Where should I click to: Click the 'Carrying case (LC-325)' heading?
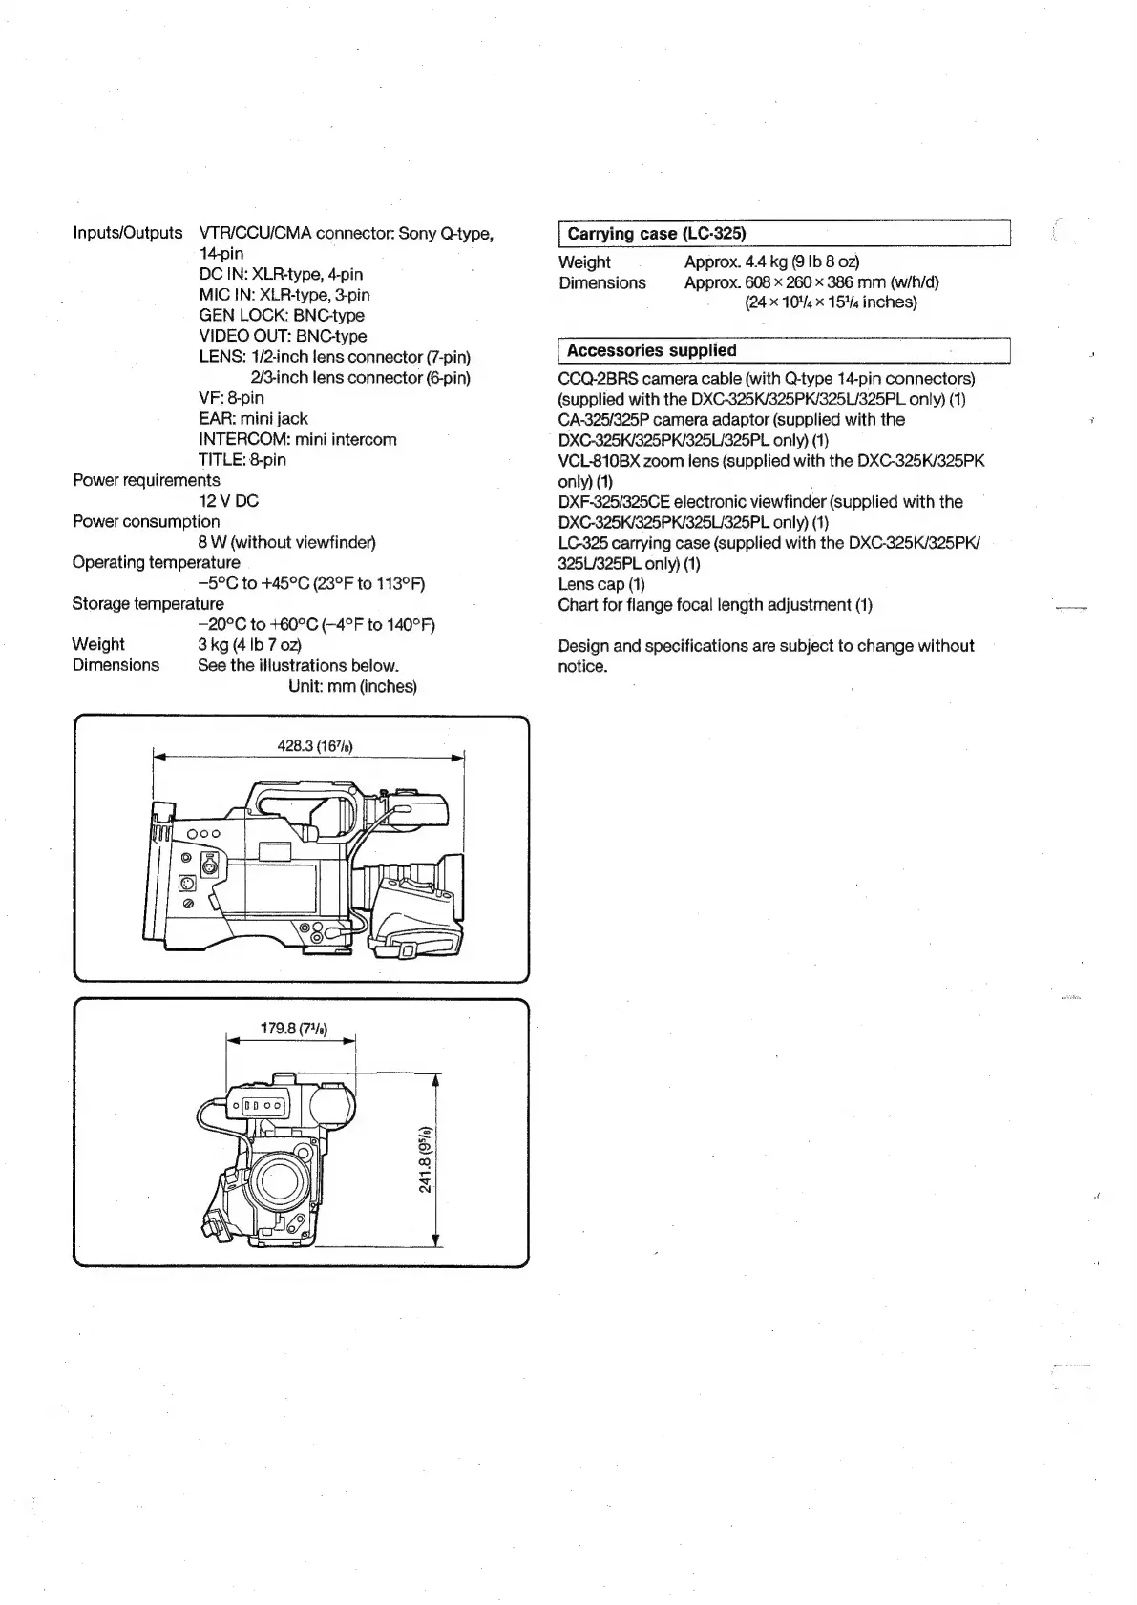[x=656, y=234]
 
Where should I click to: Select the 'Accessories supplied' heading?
[x=651, y=350]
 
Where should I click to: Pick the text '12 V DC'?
[x=228, y=501]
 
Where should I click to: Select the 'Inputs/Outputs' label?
[x=127, y=233]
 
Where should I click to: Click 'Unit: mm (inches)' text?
[x=352, y=686]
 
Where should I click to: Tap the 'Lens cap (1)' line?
[x=601, y=584]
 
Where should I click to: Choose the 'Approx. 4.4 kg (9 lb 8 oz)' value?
[x=771, y=261]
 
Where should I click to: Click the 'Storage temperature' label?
[x=148, y=604]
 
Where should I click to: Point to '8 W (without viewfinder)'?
[x=286, y=542]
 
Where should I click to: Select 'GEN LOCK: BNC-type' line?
[x=281, y=315]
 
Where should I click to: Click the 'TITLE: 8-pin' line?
[x=242, y=460]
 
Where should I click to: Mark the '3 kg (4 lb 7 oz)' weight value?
[x=249, y=645]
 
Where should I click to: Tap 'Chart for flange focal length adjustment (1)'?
[x=714, y=605]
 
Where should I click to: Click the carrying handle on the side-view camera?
[x=305, y=800]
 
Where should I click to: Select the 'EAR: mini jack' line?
[x=253, y=419]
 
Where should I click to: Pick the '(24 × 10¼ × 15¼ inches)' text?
[x=830, y=302]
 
